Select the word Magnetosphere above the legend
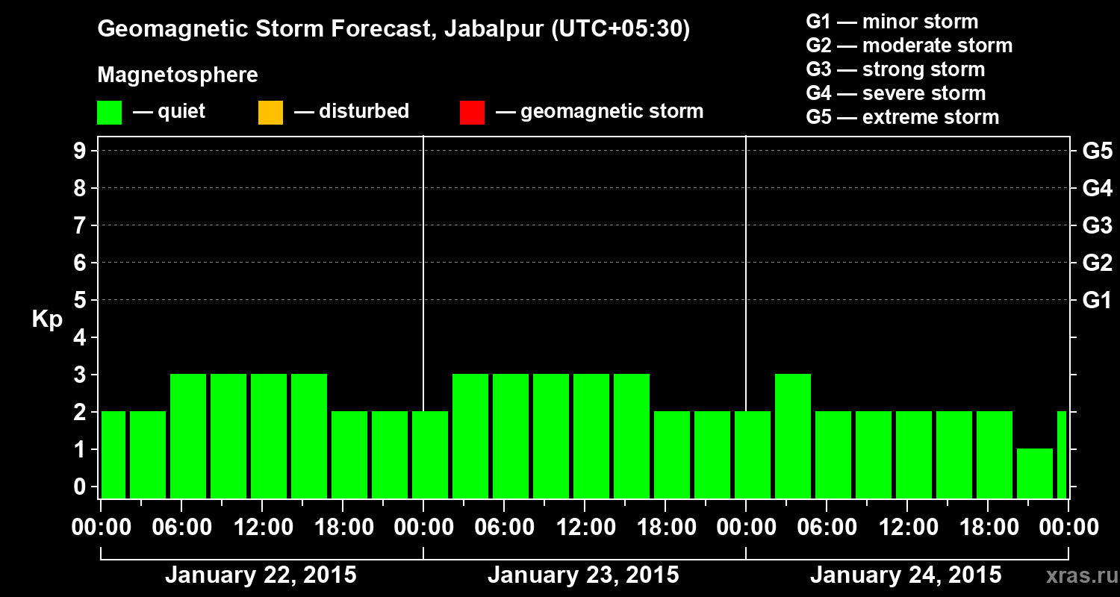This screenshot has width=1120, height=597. click(x=178, y=75)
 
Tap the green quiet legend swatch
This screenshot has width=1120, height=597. click(x=109, y=112)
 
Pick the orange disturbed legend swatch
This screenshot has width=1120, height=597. click(x=270, y=112)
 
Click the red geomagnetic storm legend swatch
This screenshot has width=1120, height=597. click(x=472, y=112)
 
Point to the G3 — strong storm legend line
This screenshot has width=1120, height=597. click(x=895, y=69)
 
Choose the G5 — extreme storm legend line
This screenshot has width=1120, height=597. click(x=902, y=117)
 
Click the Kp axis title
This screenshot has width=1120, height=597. click(x=47, y=319)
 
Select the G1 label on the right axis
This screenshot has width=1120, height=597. click(x=1097, y=301)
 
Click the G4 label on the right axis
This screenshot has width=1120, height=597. click(x=1097, y=189)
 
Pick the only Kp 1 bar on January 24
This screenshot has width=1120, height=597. click(x=1035, y=473)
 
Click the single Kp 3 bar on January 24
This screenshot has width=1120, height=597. click(x=793, y=436)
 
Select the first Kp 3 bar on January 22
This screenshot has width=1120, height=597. click(x=188, y=436)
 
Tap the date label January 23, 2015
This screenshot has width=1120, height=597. click(x=583, y=575)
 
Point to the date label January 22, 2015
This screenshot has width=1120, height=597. click(x=261, y=575)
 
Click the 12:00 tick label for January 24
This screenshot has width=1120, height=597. click(x=906, y=528)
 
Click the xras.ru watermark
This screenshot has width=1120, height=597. click(x=1078, y=575)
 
